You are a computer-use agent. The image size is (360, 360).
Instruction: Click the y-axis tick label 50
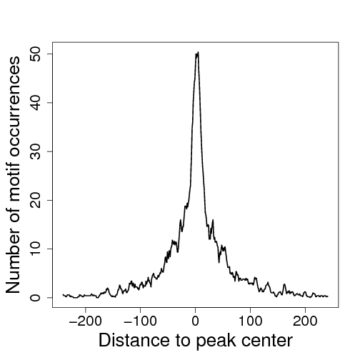point(35,54)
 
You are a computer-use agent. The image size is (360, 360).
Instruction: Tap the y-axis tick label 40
point(35,103)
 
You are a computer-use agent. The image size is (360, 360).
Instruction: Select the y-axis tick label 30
point(35,151)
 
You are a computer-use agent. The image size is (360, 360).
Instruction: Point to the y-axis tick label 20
point(35,200)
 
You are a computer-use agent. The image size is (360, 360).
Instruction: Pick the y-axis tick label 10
point(35,249)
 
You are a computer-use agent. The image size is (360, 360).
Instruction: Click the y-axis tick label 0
point(35,298)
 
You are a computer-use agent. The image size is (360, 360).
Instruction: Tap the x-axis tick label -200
point(85,321)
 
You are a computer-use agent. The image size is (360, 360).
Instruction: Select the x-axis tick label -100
point(140,321)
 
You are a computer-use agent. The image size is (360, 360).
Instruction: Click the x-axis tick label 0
point(195,321)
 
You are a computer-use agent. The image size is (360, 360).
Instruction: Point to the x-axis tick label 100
point(250,321)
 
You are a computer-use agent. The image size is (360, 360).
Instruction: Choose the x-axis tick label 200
point(305,321)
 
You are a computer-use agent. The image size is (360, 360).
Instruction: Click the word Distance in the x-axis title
point(134,340)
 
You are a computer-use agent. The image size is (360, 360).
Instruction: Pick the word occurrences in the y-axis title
point(14,106)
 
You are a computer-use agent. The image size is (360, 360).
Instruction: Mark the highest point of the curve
point(198,52)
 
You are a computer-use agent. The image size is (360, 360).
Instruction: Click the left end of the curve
point(63,294)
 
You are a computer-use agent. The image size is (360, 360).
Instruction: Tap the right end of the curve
point(328,296)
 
